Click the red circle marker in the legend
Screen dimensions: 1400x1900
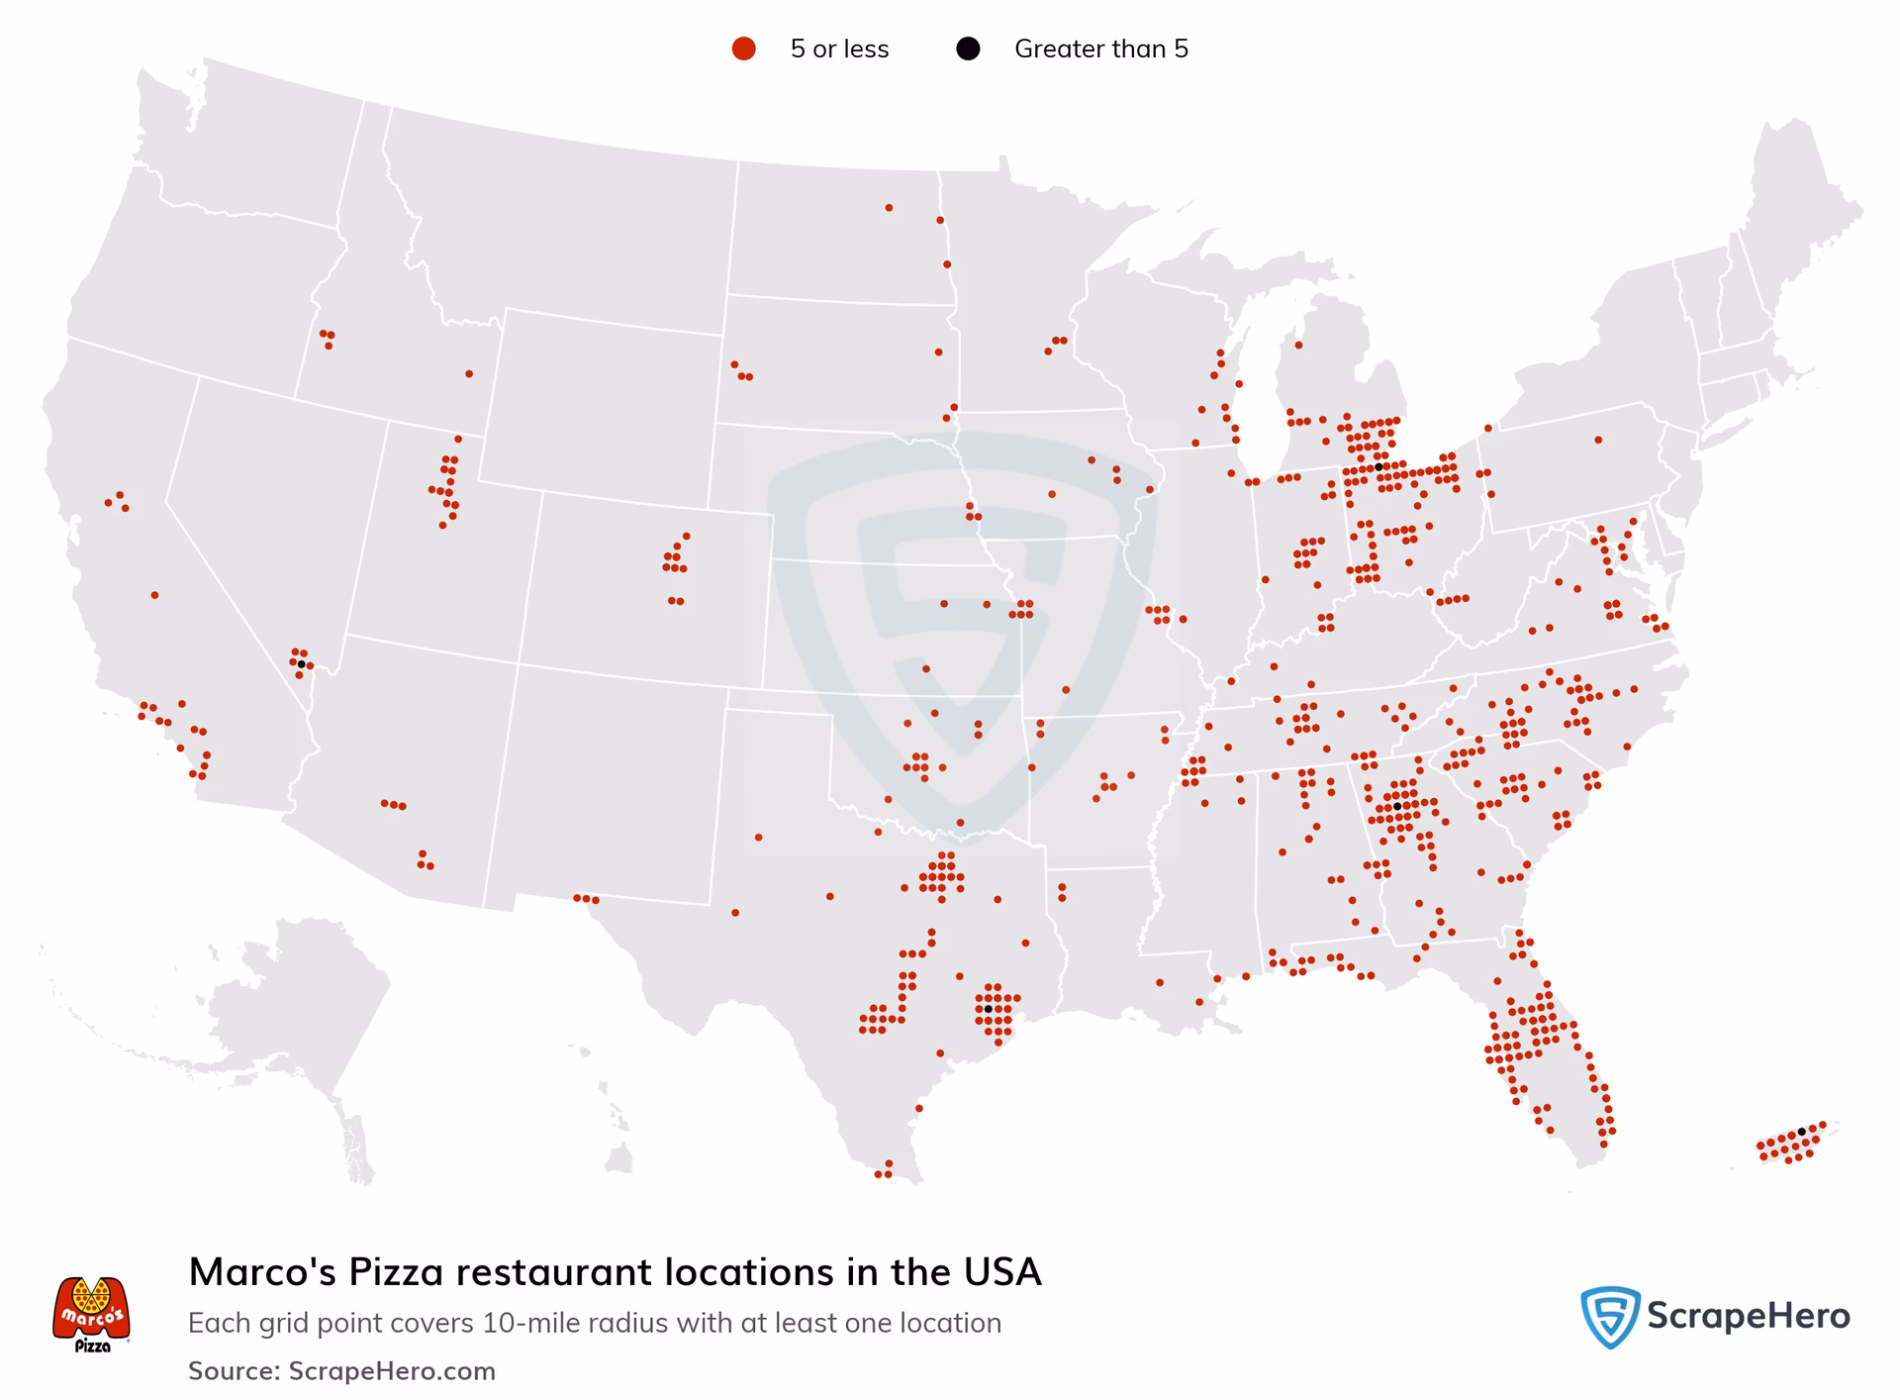(x=743, y=49)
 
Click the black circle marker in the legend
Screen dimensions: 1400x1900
(x=968, y=49)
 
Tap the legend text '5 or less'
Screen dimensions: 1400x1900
(x=839, y=49)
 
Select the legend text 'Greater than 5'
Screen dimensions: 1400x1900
(x=1100, y=49)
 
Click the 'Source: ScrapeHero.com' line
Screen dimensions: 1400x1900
(x=341, y=1370)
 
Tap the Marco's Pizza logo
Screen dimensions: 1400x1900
(x=91, y=1313)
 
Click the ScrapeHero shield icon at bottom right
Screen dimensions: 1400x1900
(x=1610, y=1317)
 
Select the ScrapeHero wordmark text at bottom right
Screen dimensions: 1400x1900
(x=1748, y=1316)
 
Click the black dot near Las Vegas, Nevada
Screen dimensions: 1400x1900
(x=301, y=663)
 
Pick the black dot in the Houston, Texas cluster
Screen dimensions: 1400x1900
(x=988, y=1009)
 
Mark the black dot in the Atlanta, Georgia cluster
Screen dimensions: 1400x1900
(x=1397, y=806)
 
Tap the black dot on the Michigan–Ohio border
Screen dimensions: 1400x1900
(x=1378, y=466)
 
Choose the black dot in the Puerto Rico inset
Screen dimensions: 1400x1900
(x=1801, y=1131)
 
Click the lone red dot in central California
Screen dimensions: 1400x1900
(x=154, y=595)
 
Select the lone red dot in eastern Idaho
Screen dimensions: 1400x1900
(x=469, y=373)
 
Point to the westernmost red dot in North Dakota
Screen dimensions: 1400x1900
(x=889, y=207)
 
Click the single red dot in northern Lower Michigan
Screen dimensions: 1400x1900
(x=1298, y=345)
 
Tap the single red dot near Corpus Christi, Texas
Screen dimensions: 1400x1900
(x=919, y=1108)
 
